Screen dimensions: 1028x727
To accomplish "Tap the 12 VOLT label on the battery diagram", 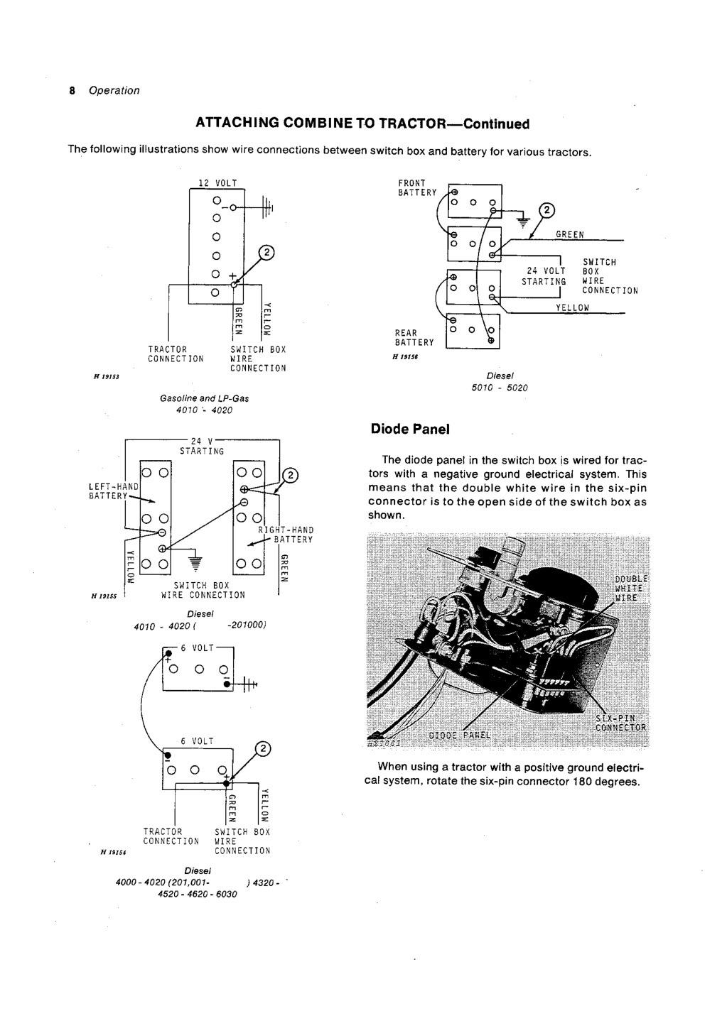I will [x=217, y=183].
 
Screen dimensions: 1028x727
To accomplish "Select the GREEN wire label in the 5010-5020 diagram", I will [x=569, y=235].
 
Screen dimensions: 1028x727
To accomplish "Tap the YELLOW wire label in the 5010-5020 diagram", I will [x=573, y=307].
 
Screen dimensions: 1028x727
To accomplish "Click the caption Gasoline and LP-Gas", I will [x=205, y=399].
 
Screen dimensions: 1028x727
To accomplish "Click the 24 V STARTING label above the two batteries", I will [x=202, y=446].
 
